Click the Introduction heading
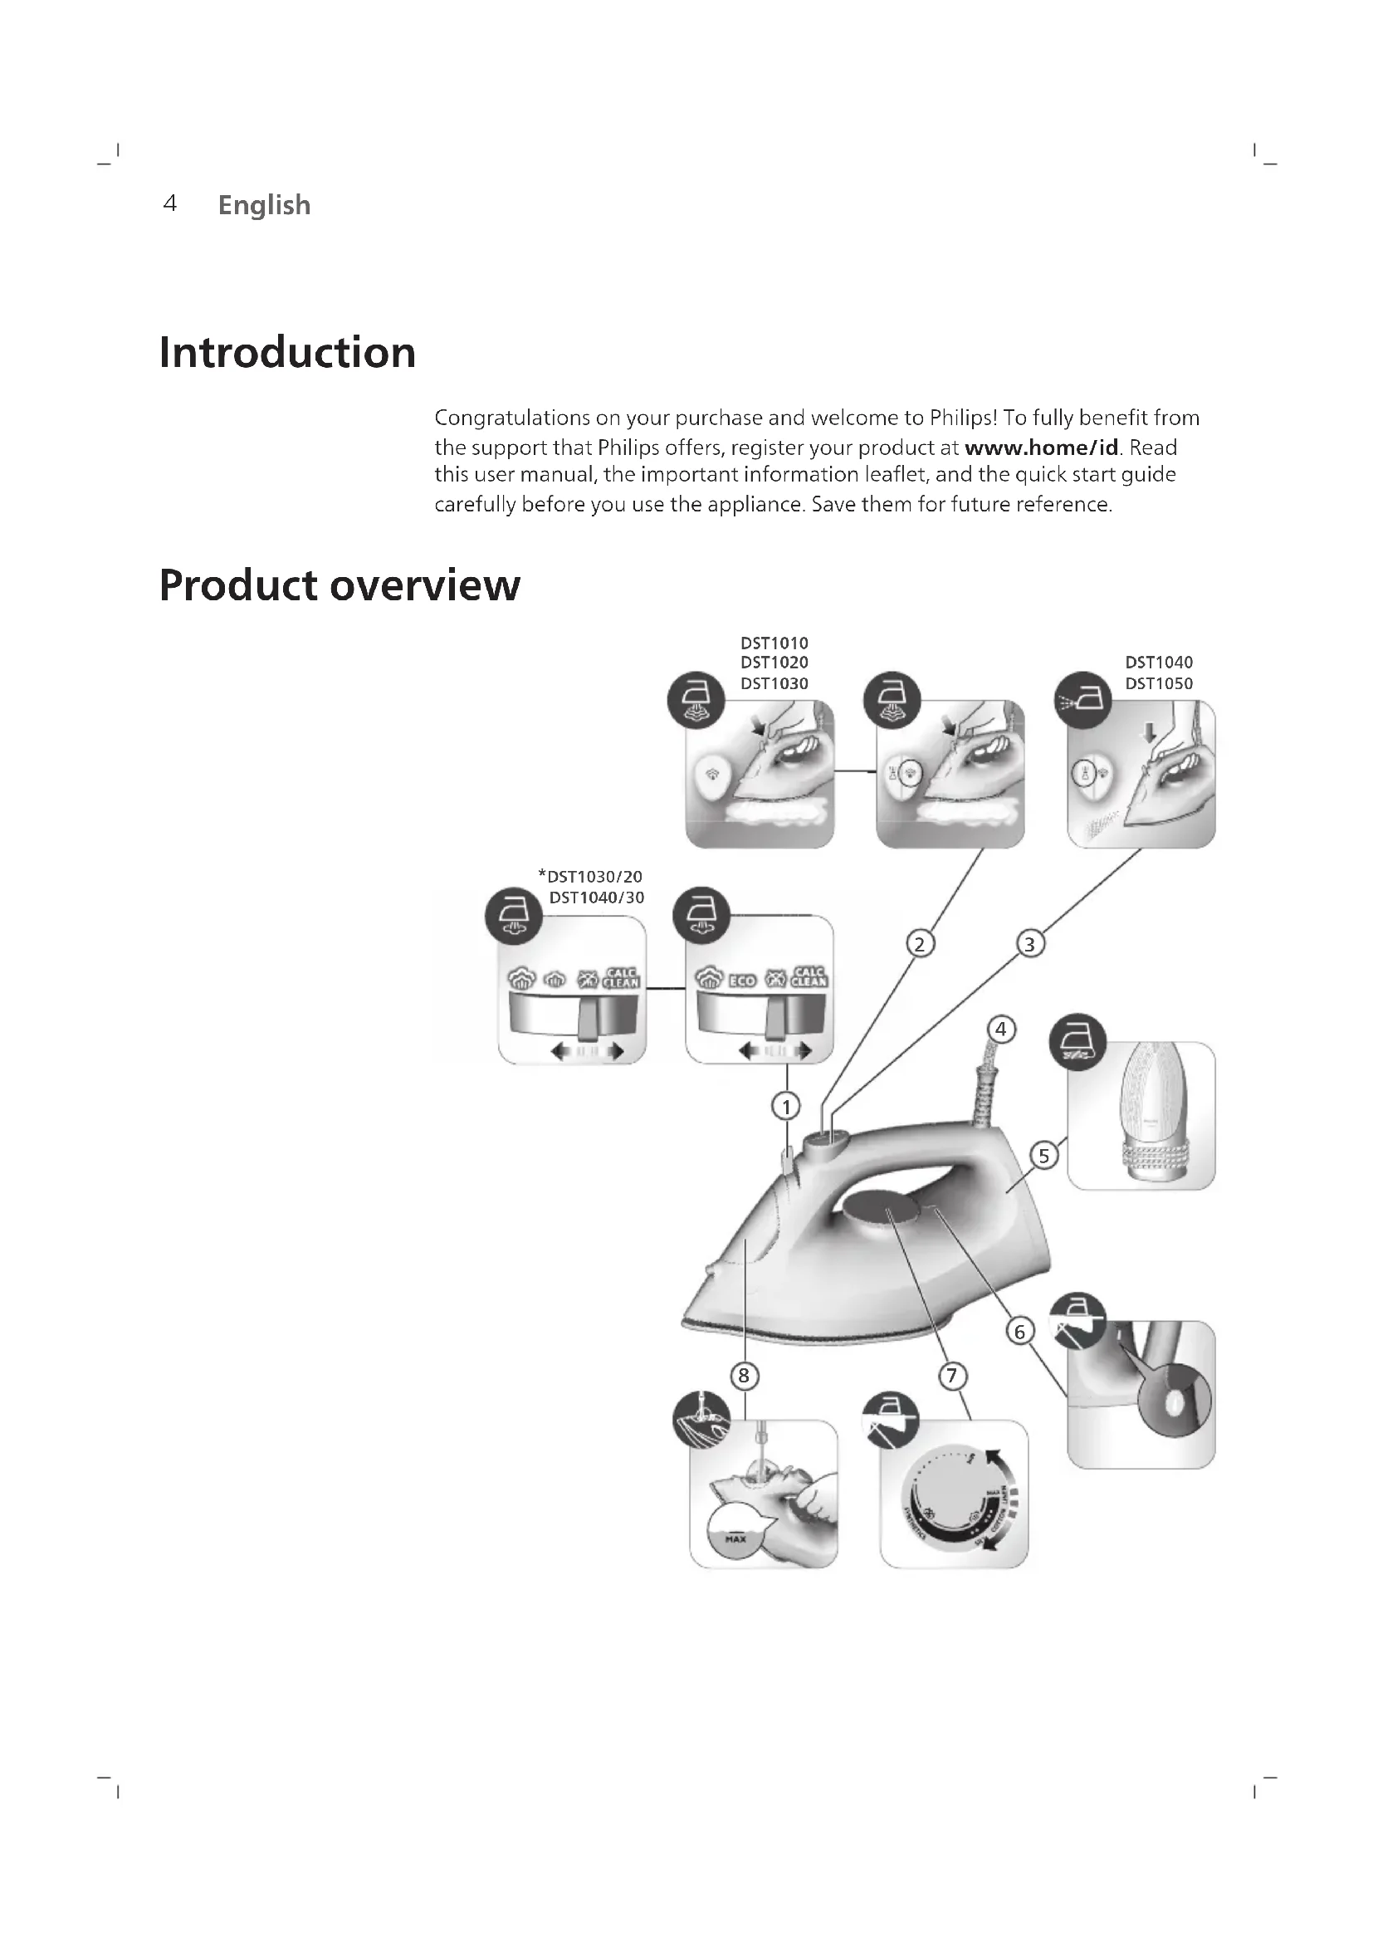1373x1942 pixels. pos(287,353)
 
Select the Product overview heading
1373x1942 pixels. pos(339,585)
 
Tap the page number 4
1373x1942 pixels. pos(170,204)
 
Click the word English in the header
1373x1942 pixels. pos(264,205)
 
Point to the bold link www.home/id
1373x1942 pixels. pos(1041,447)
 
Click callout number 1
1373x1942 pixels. pos(786,1105)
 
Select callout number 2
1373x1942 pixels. pos(920,943)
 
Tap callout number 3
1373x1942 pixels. pos(1029,943)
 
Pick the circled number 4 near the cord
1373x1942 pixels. pos(1001,1030)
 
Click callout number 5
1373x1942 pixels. pos(1044,1156)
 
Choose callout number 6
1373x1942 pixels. pos(1019,1332)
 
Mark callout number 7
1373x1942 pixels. pos(952,1376)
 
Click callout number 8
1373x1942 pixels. pos(744,1376)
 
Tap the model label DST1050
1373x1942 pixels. pos(1158,683)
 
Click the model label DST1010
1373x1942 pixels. pos(774,643)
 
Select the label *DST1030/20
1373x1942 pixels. pos(591,876)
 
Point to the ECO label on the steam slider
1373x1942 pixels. pos(741,981)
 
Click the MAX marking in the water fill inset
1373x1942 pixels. pos(735,1538)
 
